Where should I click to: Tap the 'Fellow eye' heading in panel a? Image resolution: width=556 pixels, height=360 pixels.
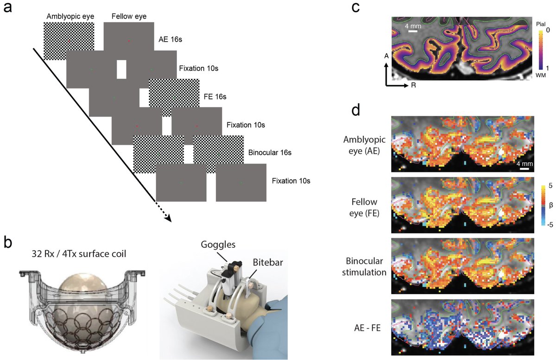(129, 17)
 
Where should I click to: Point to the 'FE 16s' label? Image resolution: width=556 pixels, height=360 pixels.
(215, 97)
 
